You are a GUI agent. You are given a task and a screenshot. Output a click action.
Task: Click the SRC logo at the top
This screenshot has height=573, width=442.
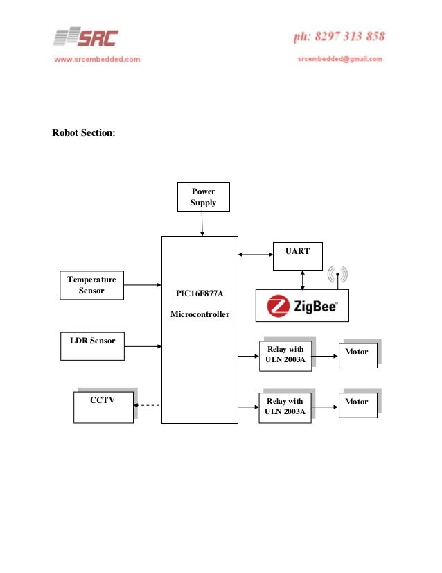87,38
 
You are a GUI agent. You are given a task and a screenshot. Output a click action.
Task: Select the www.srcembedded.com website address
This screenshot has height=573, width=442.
97,60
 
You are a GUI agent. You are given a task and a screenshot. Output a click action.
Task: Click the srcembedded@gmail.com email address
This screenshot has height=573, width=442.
340,60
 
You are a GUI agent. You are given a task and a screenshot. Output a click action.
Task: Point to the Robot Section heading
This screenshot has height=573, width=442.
84,132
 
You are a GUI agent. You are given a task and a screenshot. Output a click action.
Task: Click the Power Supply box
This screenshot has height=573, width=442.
203,197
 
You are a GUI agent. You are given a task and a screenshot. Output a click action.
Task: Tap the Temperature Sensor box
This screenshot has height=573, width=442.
91,285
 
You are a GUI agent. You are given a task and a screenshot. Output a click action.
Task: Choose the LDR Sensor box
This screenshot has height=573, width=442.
92,345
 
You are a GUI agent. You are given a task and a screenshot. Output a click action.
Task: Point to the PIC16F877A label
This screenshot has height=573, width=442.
200,294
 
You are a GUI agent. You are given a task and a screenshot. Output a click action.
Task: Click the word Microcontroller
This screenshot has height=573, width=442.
200,315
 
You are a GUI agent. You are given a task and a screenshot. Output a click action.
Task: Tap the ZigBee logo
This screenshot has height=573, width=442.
302,305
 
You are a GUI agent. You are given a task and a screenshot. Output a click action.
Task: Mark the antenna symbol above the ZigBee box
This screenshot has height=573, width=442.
337,276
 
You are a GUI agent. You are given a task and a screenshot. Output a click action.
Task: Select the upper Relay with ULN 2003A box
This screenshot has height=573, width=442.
285,354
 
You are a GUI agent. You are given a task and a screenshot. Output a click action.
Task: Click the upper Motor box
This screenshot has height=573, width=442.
357,354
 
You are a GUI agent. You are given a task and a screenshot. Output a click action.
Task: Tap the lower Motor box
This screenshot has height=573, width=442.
357,404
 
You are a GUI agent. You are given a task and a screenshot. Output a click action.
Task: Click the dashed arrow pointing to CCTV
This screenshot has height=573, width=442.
147,405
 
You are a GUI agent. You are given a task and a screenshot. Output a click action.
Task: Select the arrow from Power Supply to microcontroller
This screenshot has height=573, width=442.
202,224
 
